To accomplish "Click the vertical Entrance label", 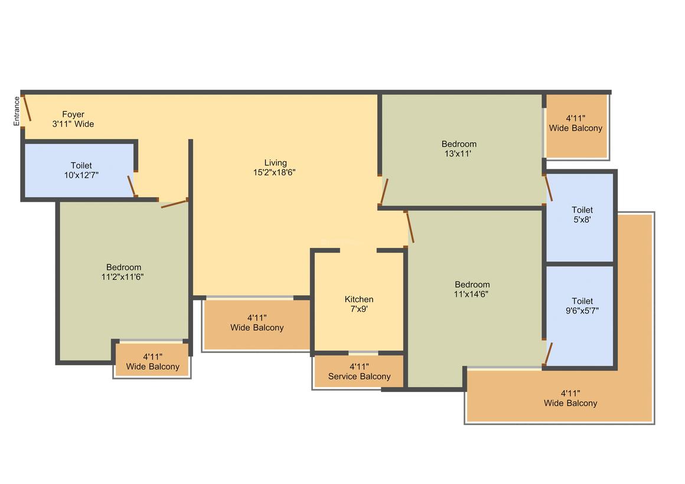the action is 17,111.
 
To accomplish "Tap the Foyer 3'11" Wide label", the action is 73,119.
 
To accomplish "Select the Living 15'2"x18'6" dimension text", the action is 275,168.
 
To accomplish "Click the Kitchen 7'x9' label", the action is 359,304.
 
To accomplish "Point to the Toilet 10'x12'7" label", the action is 81,171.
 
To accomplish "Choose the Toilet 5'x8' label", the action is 582,215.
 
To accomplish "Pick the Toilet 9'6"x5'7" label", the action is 582,306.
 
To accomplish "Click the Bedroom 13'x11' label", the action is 459,149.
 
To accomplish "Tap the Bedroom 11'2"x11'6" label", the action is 123,272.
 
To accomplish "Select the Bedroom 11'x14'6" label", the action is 472,289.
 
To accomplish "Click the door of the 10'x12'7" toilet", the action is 132,187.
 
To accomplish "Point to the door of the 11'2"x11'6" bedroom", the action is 174,203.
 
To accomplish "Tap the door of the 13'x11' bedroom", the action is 384,191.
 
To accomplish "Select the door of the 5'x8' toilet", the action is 548,188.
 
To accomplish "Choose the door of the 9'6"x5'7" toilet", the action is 548,354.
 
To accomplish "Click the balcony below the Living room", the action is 257,324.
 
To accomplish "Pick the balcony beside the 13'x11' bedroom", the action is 577,126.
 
